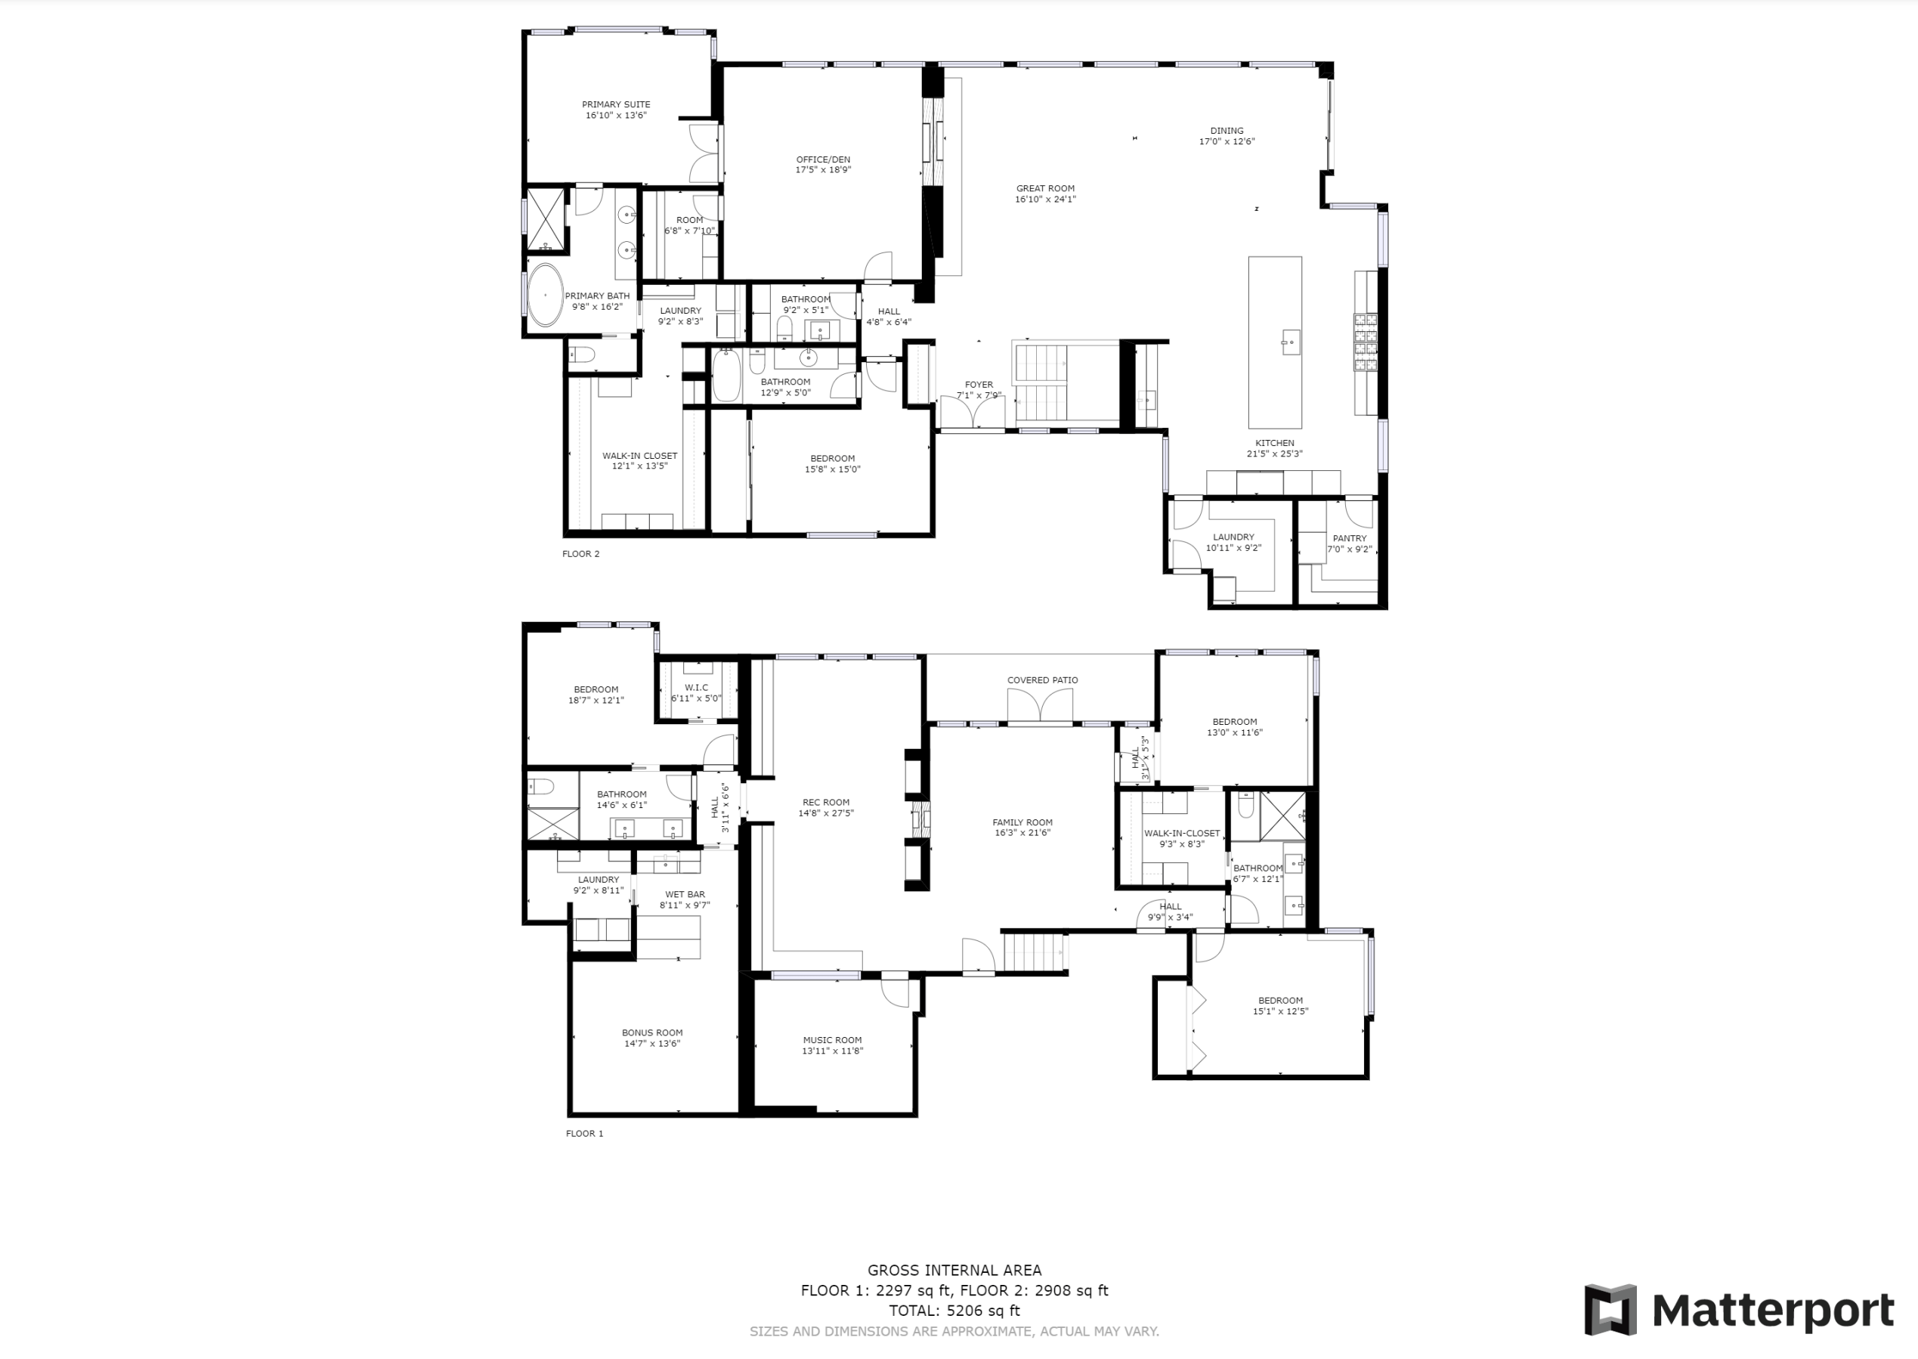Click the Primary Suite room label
pyautogui.click(x=617, y=104)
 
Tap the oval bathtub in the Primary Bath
pyautogui.click(x=546, y=296)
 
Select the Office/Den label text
pyautogui.click(x=823, y=159)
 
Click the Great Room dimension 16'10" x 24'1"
pyautogui.click(x=1046, y=200)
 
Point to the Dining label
pyautogui.click(x=1227, y=131)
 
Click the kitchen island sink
pyautogui.click(x=1291, y=342)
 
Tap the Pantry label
pyautogui.click(x=1349, y=539)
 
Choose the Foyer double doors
pyautogui.click(x=971, y=413)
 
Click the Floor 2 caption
pyautogui.click(x=580, y=554)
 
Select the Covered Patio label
pyautogui.click(x=1042, y=680)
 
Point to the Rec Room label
pyautogui.click(x=825, y=803)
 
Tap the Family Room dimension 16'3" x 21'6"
pyautogui.click(x=1022, y=834)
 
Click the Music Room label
pyautogui.click(x=832, y=1040)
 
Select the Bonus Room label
pyautogui.click(x=651, y=1032)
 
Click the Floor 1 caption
pyautogui.click(x=584, y=1134)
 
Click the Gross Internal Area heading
pyautogui.click(x=954, y=1271)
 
